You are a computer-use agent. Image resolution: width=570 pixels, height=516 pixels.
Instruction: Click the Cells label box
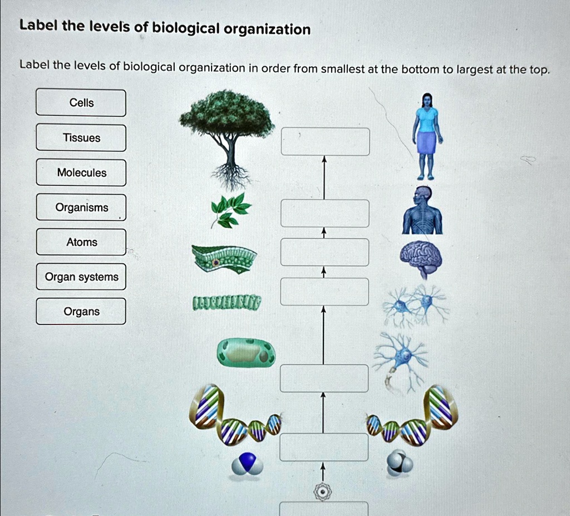[x=81, y=103]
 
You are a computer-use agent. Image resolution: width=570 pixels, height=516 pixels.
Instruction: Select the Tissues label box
[x=81, y=138]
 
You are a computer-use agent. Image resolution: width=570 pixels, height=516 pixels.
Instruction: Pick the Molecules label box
[x=81, y=173]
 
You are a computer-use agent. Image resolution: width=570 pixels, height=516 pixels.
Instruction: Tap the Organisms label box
[x=81, y=208]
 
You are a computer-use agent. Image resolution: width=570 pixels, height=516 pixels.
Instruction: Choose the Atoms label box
[x=81, y=242]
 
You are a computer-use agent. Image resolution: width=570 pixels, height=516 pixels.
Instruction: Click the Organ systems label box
[x=81, y=277]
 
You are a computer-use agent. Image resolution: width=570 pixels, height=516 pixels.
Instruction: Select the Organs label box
[x=81, y=312]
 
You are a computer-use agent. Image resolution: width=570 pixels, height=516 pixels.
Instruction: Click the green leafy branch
[x=229, y=210]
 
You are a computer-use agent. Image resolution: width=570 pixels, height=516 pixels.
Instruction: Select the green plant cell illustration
[x=246, y=352]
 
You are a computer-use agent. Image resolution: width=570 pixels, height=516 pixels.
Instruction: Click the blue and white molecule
[x=247, y=463]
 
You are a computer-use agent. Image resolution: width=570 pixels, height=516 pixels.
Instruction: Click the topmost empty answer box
[x=325, y=141]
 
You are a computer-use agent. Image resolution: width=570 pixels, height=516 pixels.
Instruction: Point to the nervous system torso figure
[x=422, y=212]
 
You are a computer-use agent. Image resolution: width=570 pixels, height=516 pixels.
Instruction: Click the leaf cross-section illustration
[x=224, y=258]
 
